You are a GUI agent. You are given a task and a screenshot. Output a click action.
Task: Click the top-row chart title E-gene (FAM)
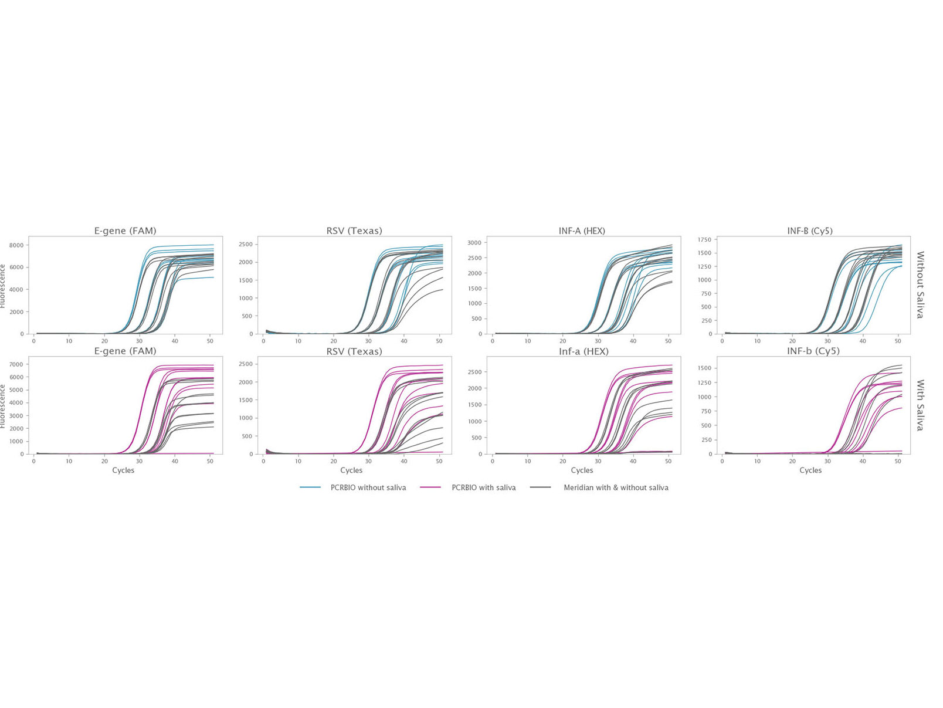click(x=125, y=231)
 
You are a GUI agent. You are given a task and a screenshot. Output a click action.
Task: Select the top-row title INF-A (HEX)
click(x=582, y=231)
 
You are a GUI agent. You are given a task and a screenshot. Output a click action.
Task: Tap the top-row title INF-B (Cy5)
click(x=810, y=231)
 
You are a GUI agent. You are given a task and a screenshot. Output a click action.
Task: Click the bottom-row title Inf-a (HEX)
click(x=584, y=351)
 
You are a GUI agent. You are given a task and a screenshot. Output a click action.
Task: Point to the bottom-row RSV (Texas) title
click(x=354, y=351)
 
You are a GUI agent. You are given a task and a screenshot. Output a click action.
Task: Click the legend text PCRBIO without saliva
click(x=368, y=487)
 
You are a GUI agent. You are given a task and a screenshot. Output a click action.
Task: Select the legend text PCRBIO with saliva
click(x=484, y=487)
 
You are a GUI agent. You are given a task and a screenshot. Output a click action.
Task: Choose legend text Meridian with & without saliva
click(x=616, y=487)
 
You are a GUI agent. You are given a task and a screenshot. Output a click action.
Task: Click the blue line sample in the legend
click(x=310, y=487)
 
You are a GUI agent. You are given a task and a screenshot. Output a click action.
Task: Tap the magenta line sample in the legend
click(x=430, y=487)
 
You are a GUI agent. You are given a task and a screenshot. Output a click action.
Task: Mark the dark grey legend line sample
click(x=540, y=487)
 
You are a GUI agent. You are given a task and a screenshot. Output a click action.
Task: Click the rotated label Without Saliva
click(x=920, y=285)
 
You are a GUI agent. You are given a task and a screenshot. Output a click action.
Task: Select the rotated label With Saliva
click(x=920, y=405)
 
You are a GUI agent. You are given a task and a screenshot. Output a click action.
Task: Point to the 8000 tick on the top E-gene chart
click(x=16, y=245)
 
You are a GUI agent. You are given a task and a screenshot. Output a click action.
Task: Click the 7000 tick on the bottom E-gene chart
click(x=16, y=364)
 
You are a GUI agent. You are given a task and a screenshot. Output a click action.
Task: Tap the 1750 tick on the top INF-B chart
click(x=705, y=240)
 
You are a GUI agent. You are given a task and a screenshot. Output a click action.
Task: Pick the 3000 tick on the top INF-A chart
click(x=474, y=243)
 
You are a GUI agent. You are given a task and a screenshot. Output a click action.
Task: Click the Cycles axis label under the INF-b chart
click(x=810, y=470)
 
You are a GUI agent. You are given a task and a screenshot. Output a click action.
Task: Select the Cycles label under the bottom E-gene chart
click(x=123, y=470)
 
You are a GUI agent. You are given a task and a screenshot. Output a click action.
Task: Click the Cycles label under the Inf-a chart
click(x=582, y=470)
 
